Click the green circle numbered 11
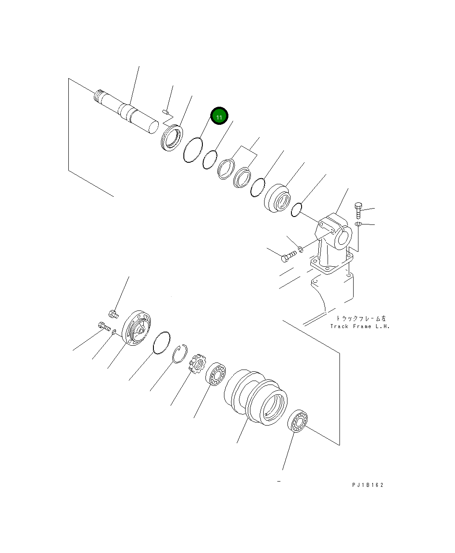(219, 116)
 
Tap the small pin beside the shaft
(166, 112)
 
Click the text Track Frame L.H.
(360, 326)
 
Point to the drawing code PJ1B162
(368, 485)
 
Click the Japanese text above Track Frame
(361, 318)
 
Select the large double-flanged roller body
(256, 397)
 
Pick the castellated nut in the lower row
(197, 364)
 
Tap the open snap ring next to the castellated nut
(180, 354)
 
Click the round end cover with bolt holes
(136, 328)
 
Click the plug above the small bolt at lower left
(112, 314)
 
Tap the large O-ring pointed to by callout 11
(193, 150)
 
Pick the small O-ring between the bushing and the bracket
(297, 209)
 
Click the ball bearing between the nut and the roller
(216, 374)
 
